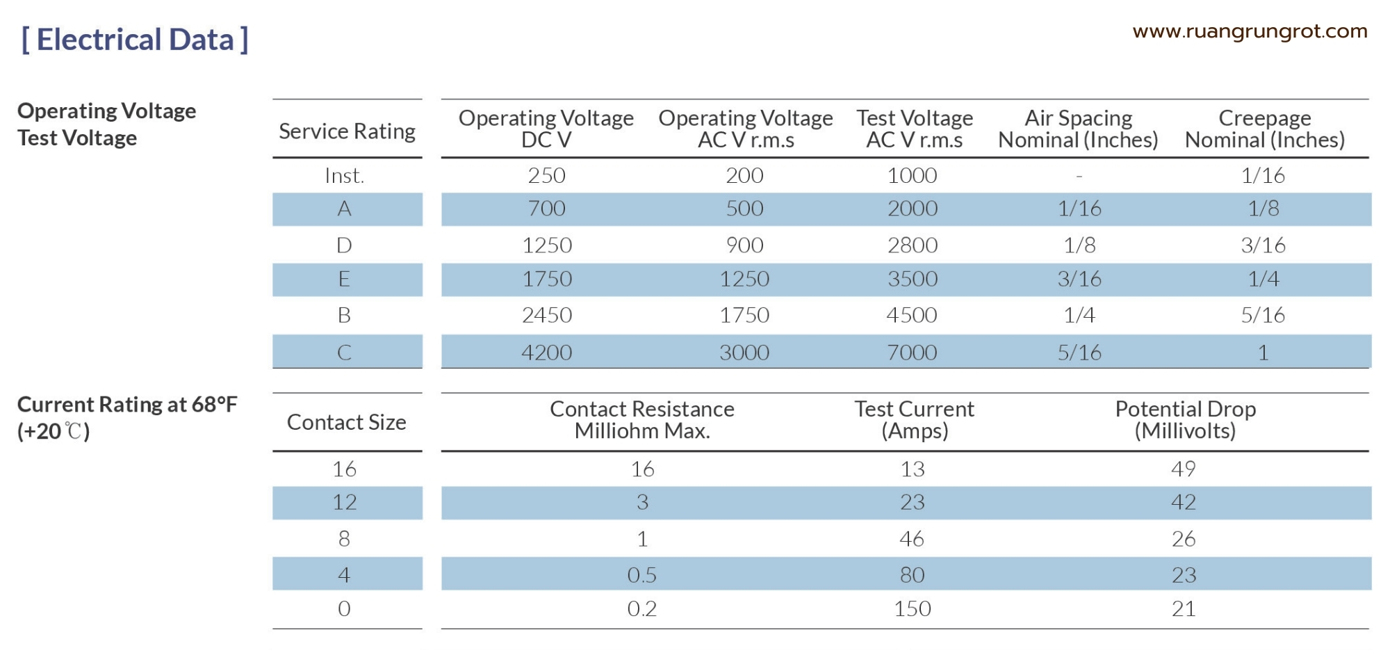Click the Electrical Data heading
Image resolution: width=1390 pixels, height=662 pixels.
(x=135, y=40)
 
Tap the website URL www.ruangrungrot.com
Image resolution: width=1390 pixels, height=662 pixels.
(x=1250, y=32)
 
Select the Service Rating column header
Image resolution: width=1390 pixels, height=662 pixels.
(x=347, y=131)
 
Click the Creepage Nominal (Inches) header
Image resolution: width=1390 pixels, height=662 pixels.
(x=1265, y=129)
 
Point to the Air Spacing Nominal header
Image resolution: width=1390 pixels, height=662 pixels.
(x=1078, y=129)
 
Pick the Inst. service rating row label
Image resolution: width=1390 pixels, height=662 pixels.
(x=345, y=176)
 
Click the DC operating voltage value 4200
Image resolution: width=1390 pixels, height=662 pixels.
(x=547, y=353)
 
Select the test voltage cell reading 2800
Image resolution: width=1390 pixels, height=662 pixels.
(x=913, y=245)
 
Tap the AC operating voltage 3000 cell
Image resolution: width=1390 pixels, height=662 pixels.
(x=744, y=353)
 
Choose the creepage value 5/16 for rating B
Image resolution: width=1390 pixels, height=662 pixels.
(x=1263, y=315)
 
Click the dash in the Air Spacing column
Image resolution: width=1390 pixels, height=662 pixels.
(x=1079, y=177)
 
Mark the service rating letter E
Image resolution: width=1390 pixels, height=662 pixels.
(x=344, y=280)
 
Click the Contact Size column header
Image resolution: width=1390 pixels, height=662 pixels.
(x=347, y=422)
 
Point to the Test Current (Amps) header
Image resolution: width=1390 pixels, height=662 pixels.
(x=915, y=420)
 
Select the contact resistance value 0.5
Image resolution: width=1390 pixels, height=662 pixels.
(x=642, y=575)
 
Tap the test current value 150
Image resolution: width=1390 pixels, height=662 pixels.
(x=913, y=609)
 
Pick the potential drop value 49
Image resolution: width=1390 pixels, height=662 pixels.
(x=1184, y=469)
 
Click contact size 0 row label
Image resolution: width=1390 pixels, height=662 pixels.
(x=344, y=609)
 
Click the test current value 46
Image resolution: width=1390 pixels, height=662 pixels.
(x=913, y=539)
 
